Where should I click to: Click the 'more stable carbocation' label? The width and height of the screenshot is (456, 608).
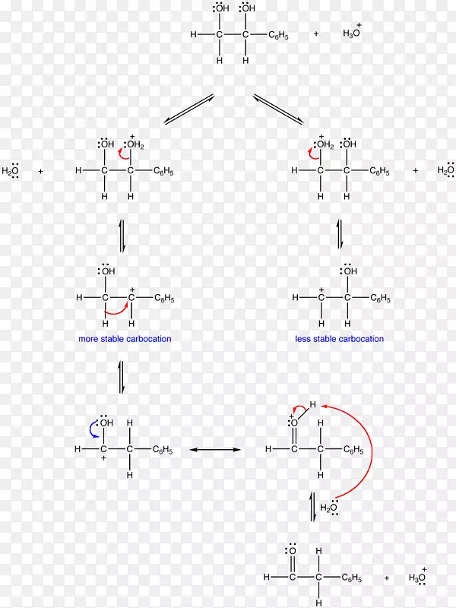(125, 339)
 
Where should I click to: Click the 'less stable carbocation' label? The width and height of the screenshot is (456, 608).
(339, 339)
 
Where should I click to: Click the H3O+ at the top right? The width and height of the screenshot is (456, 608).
(352, 33)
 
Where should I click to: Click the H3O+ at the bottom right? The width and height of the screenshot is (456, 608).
(417, 578)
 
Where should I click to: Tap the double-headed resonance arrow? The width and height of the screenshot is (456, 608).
(215, 450)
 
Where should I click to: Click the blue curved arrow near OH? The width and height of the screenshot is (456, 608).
(93, 431)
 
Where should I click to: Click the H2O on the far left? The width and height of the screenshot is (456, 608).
(11, 172)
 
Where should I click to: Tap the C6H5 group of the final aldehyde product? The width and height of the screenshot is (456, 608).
(351, 578)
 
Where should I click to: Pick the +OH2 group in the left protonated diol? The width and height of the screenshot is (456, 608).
(135, 144)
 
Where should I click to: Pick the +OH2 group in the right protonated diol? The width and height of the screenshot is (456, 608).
(325, 144)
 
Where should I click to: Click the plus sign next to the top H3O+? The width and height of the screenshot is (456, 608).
(316, 34)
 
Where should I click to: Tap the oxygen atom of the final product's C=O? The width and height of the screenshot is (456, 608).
(292, 551)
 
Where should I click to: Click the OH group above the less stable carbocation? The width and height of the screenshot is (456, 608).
(349, 271)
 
